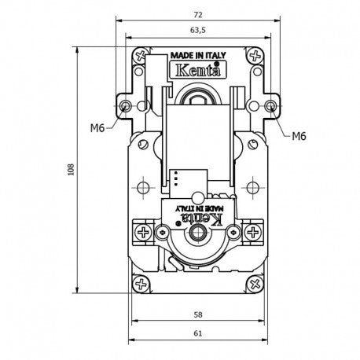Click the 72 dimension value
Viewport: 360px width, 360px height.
click(x=198, y=15)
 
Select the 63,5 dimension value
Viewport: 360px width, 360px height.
click(x=198, y=31)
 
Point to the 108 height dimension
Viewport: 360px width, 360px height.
click(x=71, y=170)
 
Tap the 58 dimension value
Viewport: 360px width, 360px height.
click(x=198, y=314)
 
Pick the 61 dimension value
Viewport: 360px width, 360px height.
click(x=198, y=333)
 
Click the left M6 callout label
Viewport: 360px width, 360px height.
click(x=97, y=128)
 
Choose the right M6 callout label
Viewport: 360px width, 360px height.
click(x=299, y=136)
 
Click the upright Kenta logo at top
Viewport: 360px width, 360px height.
click(x=198, y=70)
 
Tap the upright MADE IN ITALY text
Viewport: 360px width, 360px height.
click(x=198, y=56)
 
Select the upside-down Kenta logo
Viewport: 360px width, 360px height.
click(x=203, y=219)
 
